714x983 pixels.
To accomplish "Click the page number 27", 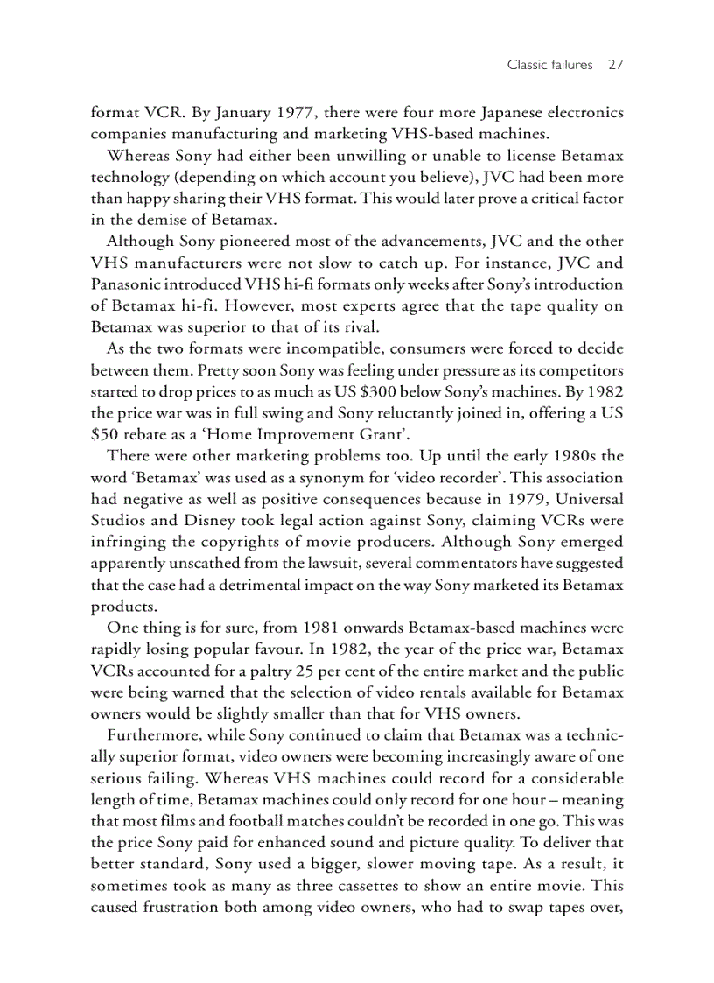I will pos(613,65).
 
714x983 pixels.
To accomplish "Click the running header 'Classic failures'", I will pos(537,65).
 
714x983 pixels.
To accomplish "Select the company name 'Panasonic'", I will pos(126,284).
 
